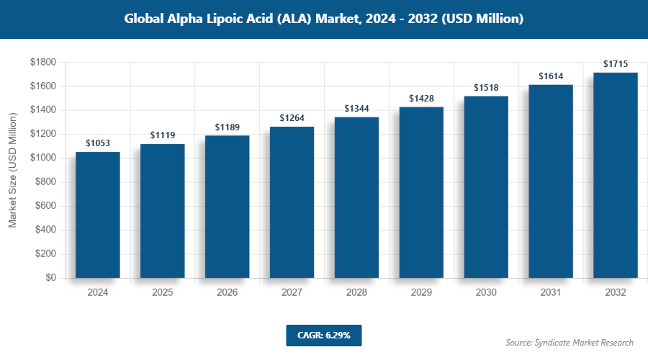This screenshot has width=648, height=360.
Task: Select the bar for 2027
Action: (292, 202)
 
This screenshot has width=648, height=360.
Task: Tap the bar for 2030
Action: (486, 187)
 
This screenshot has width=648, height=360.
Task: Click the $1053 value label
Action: (98, 143)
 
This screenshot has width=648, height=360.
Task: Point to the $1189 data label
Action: (228, 127)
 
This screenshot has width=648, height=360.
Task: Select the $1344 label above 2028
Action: (356, 108)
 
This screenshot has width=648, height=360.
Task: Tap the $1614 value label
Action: (551, 76)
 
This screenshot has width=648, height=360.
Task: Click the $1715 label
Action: (616, 64)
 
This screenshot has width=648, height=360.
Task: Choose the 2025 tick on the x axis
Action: (163, 293)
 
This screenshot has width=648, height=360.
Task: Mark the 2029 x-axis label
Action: (421, 293)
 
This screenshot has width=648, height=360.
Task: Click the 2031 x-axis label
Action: (551, 293)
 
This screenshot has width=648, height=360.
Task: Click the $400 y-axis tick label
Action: (46, 230)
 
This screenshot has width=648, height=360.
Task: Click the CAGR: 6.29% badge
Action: (323, 335)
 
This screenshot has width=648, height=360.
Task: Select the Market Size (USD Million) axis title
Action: (13, 171)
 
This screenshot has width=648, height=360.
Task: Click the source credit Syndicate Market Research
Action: (570, 342)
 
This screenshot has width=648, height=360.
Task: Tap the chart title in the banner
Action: (323, 19)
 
